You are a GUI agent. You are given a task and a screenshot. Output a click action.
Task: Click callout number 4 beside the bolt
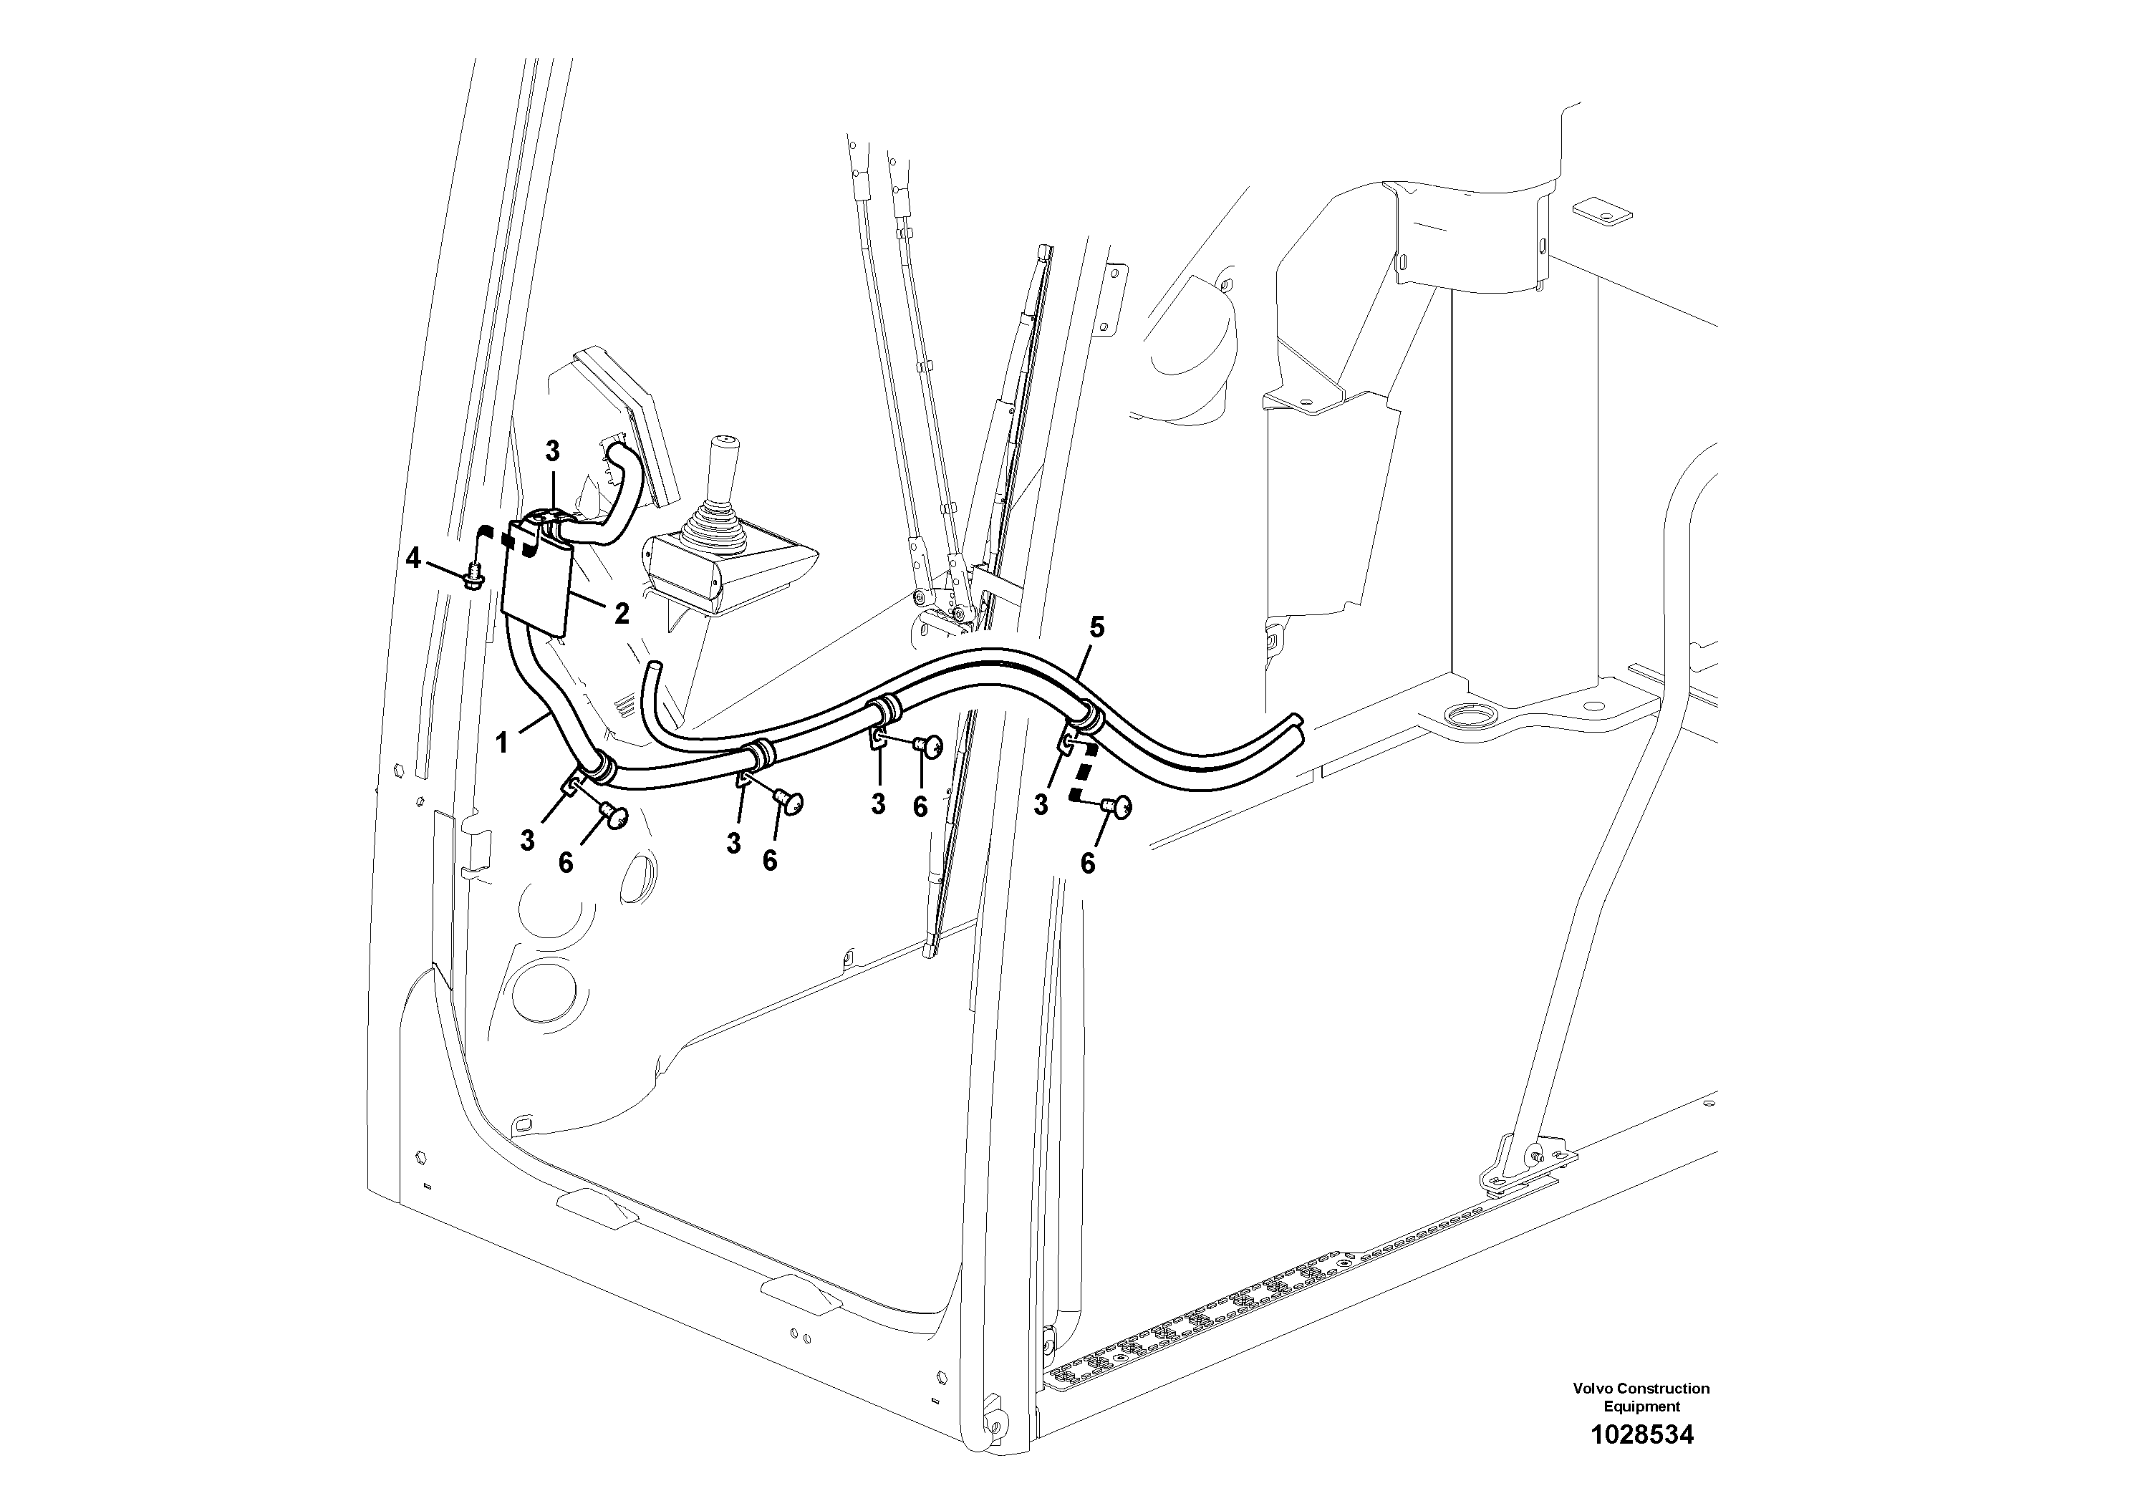[x=413, y=558]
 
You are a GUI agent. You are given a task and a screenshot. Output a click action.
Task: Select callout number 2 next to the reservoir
[x=621, y=613]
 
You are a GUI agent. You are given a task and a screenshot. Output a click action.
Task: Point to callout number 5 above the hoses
[x=1096, y=627]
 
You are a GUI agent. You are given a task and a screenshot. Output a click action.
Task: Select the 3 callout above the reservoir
[x=552, y=452]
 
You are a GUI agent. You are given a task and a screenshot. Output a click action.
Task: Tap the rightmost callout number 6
[x=1087, y=864]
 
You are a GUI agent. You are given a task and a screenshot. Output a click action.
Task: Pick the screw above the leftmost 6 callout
[x=614, y=816]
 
